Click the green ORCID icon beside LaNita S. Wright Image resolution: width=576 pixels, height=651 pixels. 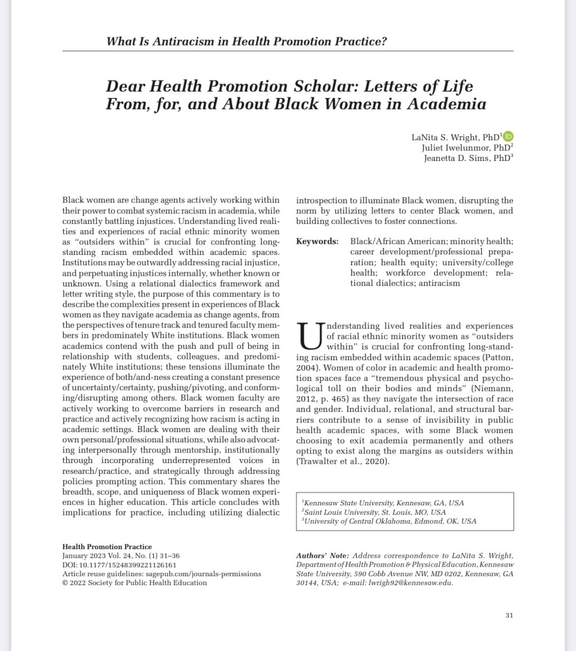[508, 136]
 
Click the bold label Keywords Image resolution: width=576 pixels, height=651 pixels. [317, 241]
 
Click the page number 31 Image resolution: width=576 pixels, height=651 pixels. [509, 615]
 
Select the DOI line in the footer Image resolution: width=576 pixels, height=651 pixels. [119, 564]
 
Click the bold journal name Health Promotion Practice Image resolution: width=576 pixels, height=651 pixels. [107, 546]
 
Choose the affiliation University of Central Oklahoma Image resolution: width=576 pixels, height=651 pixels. [388, 521]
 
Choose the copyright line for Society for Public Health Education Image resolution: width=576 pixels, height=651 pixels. [134, 582]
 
